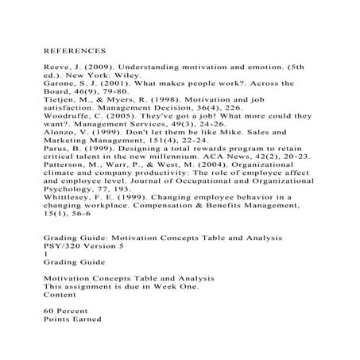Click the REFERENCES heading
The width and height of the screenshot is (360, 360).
75,48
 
